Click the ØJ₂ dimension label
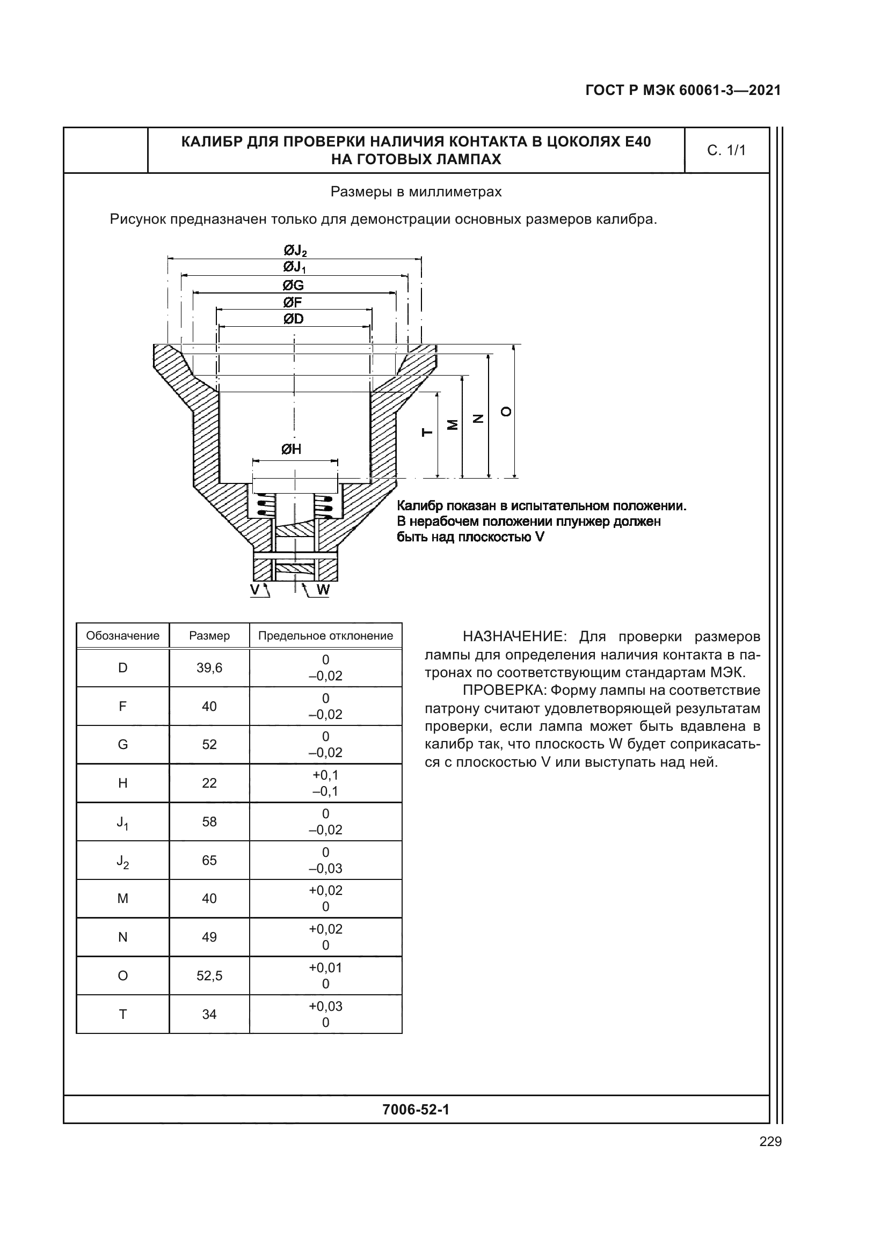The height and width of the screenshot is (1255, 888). (x=295, y=251)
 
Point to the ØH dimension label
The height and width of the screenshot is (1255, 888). (x=292, y=449)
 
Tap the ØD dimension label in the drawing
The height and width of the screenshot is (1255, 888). (x=294, y=319)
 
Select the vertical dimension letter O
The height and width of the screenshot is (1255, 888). (x=507, y=412)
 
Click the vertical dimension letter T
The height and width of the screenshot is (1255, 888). (x=427, y=433)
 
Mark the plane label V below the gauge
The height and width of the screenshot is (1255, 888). (x=255, y=589)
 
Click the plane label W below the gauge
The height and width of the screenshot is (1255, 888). (x=323, y=590)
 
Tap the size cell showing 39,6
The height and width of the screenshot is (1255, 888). (x=209, y=668)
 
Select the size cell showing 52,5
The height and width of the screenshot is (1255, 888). (x=209, y=975)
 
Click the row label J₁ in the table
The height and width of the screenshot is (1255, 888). (x=122, y=822)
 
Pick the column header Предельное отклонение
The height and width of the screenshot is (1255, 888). (x=325, y=636)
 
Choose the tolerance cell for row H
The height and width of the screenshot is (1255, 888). (x=325, y=783)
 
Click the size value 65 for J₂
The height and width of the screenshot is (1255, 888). (x=209, y=860)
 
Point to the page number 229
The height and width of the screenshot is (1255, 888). (x=770, y=1141)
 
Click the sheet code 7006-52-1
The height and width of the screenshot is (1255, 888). (x=416, y=1109)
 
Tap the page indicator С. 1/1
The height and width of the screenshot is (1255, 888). (x=726, y=150)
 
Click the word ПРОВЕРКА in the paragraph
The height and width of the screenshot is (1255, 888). (x=504, y=691)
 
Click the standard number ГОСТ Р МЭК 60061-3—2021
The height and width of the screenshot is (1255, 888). (x=683, y=90)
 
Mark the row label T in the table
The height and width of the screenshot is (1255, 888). (x=122, y=1015)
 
